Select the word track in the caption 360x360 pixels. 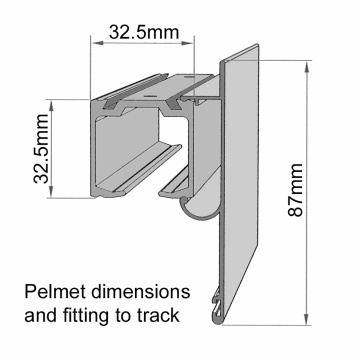point(158,317)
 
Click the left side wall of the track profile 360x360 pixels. point(98,150)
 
